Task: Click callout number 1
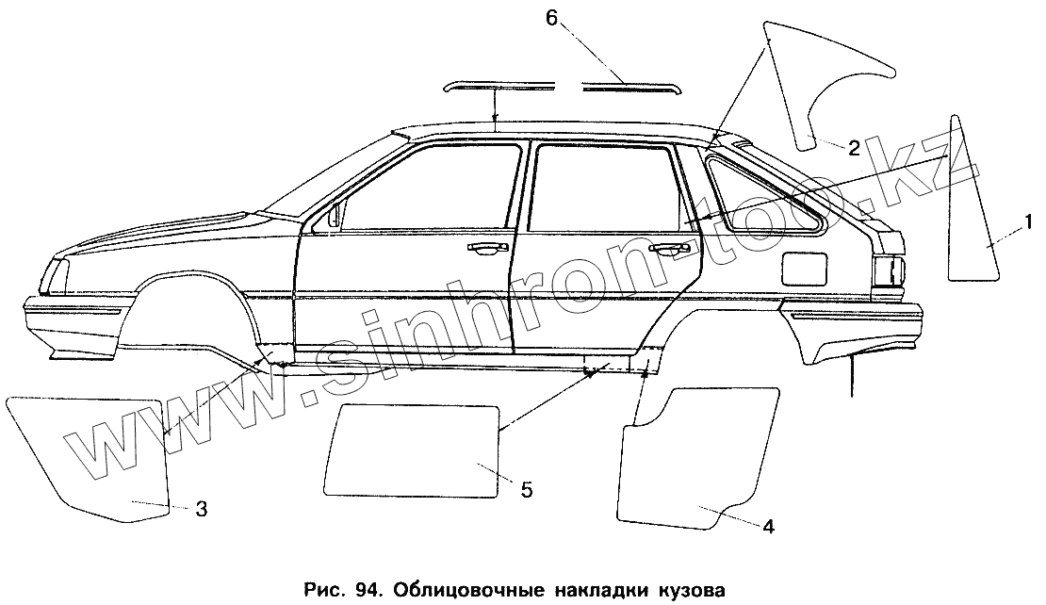click(x=1030, y=222)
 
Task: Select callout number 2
click(x=852, y=147)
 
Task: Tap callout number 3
click(x=201, y=510)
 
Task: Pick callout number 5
click(x=527, y=489)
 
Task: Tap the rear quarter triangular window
click(x=763, y=193)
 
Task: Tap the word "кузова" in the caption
click(x=694, y=591)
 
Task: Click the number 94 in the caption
click(x=364, y=591)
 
